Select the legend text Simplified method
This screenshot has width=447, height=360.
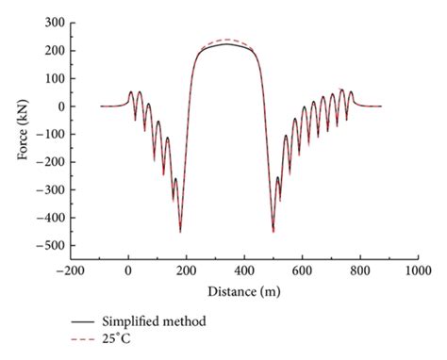(x=157, y=322)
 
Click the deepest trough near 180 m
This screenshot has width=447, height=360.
(x=180, y=231)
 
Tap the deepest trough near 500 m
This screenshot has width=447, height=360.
(x=273, y=231)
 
